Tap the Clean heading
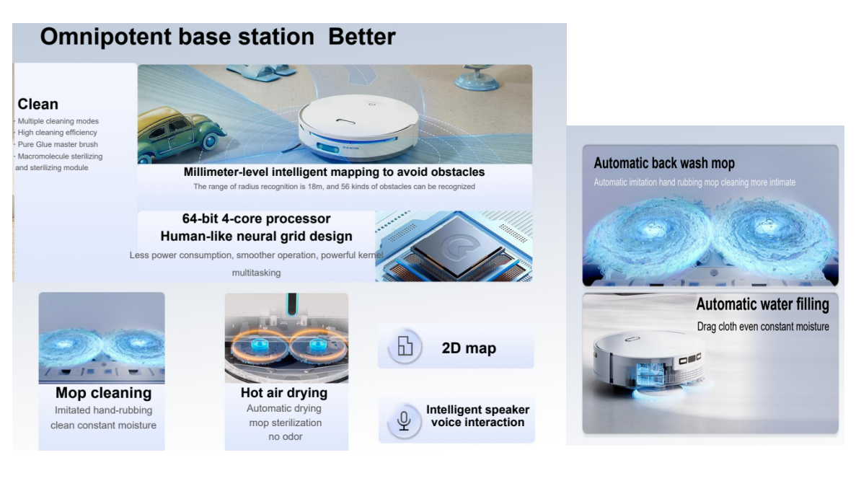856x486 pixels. coord(37,104)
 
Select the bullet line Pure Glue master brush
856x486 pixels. coord(57,144)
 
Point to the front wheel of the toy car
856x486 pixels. coord(210,141)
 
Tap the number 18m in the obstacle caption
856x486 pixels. coord(315,187)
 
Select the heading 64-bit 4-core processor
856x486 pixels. coord(256,218)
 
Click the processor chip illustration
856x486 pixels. coord(454,247)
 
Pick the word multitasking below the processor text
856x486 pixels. coord(256,273)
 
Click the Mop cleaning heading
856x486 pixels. coord(103,393)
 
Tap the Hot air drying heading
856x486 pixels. coord(284,393)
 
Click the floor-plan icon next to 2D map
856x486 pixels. coord(405,346)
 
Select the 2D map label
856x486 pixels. coord(469,348)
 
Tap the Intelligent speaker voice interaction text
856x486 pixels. coord(477,416)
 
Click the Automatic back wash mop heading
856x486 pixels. coord(664,163)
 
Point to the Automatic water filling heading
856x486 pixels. coord(763,304)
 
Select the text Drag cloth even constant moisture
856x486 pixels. coord(763,327)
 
